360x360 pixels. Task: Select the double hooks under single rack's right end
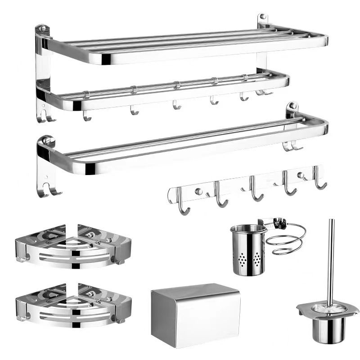tap(290, 145)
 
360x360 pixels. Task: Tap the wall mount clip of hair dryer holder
tap(277, 222)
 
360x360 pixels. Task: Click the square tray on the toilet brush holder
tap(328, 309)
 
